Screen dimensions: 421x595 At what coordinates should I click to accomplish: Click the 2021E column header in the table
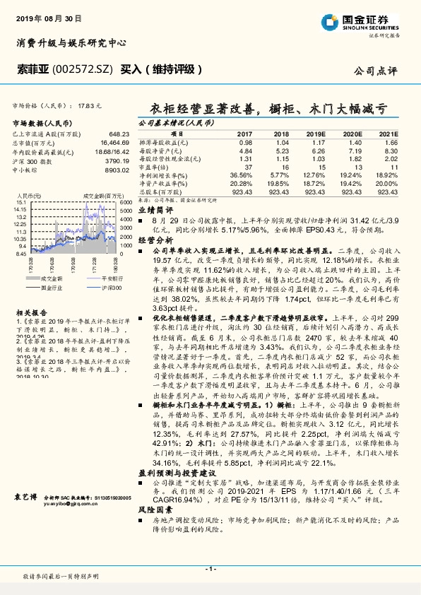click(388, 134)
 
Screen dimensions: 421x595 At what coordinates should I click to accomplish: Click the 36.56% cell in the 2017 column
click(241, 174)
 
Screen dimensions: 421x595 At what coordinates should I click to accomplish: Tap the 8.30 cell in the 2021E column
click(390, 151)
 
